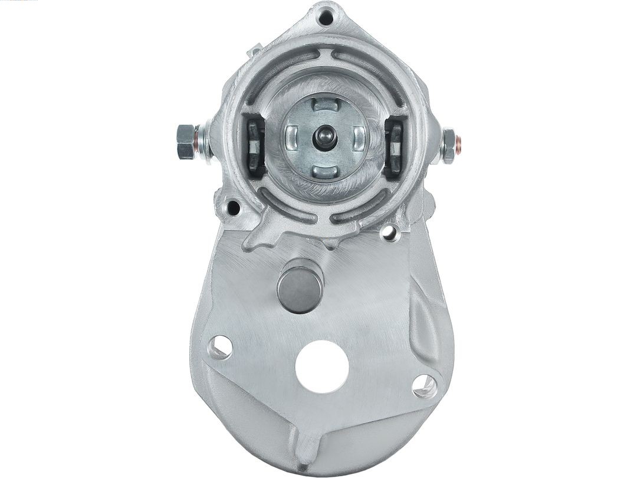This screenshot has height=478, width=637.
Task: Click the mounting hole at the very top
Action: pos(325,17)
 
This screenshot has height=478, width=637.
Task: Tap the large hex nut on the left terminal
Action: pos(186,142)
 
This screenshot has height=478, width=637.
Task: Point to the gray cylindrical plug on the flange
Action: pos(300,285)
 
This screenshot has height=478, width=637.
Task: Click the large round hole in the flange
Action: pos(321,366)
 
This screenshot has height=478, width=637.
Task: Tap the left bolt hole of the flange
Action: pos(220,346)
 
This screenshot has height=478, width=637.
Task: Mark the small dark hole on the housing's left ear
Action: pos(234,208)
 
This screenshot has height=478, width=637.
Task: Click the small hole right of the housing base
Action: pos(389,233)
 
